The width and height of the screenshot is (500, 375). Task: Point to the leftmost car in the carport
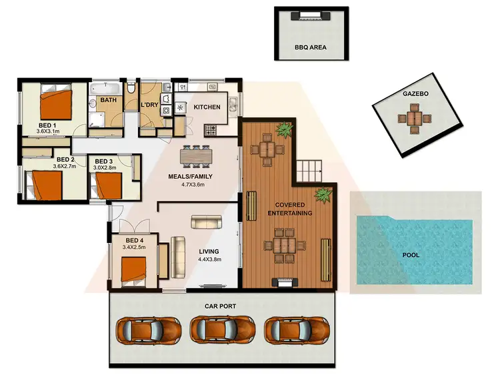point(149,330)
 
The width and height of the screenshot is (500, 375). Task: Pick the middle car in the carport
point(223,330)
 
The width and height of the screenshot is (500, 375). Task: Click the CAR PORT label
point(221,306)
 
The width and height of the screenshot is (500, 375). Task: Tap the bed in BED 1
point(57,104)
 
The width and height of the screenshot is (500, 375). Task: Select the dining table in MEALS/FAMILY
point(196,154)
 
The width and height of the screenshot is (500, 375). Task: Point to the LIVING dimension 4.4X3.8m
point(209,260)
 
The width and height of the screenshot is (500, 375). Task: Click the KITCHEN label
point(207,107)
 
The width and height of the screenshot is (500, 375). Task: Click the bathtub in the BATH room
point(107,88)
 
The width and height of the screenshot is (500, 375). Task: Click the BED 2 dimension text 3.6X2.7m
point(65,166)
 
